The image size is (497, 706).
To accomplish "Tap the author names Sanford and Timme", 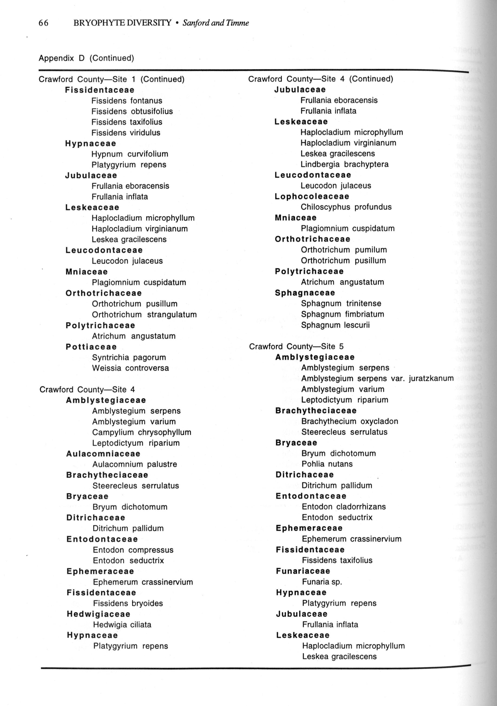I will (216, 23).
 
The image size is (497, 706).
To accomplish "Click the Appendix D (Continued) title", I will (86, 58).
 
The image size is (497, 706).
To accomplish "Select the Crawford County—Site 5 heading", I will (296, 346).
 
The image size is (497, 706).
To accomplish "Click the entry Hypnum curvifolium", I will (130, 154).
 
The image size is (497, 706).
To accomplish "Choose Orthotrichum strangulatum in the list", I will (144, 315).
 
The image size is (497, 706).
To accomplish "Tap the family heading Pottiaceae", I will (91, 347).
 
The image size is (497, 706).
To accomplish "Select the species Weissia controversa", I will (130, 368).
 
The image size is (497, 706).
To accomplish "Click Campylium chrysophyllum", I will (142, 432).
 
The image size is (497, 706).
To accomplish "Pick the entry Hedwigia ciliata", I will (122, 625).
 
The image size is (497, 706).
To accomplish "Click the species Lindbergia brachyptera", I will (344, 164).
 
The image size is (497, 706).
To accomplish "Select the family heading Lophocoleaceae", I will (312, 196).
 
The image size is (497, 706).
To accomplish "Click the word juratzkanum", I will (431, 379).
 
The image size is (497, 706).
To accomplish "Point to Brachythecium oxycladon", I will (350, 421).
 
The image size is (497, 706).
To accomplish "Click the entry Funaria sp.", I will (322, 582).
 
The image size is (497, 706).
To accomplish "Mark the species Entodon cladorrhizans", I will (343, 507).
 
